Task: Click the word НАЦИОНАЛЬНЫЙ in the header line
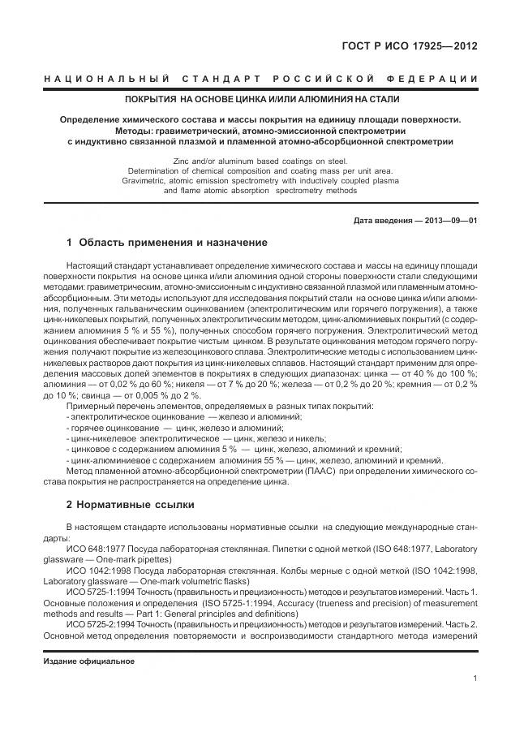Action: click(104, 79)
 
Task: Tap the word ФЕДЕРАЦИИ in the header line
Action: click(439, 79)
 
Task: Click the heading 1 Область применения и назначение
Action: click(166, 242)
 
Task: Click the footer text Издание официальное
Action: click(88, 661)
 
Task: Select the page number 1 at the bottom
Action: click(474, 678)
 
